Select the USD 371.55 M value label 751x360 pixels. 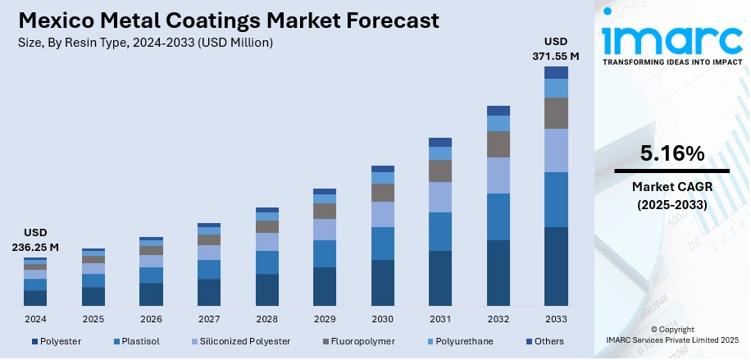(556, 48)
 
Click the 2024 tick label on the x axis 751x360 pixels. (35, 318)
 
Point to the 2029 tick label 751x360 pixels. (325, 318)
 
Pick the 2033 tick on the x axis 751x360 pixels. (556, 318)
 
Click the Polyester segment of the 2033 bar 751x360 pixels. (556, 266)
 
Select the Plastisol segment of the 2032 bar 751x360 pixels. (498, 216)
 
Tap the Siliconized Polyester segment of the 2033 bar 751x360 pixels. (556, 150)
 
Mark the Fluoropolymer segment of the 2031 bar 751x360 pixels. (440, 171)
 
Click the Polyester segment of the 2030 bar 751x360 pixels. (383, 282)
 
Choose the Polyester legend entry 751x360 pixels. (57, 341)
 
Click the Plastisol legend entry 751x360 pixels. (138, 341)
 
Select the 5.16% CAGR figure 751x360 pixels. (671, 153)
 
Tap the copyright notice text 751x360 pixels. (671, 335)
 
